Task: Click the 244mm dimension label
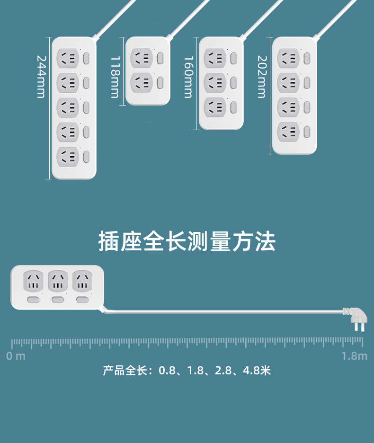41,77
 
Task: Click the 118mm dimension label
115,77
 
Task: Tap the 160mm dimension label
188,77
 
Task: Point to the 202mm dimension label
261,77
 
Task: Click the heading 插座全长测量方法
187,241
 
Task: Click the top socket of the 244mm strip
67,59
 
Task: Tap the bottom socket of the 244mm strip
67,157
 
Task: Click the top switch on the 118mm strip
160,58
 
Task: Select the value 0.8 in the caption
167,371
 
